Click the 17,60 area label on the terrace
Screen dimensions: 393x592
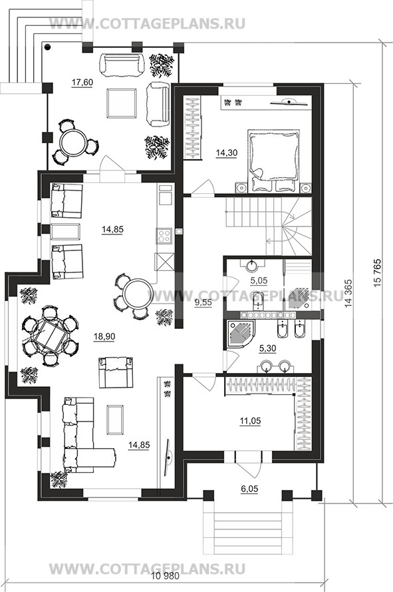point(82,83)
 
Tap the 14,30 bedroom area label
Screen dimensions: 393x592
point(227,152)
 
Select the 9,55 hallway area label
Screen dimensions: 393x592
point(203,302)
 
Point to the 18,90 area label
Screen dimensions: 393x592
point(104,336)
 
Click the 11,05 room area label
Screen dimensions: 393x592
point(251,421)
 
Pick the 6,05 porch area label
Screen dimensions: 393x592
point(249,489)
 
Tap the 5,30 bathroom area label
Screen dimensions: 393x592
point(267,348)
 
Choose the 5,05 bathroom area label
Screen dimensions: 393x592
point(259,280)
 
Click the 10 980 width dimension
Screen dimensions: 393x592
point(165,576)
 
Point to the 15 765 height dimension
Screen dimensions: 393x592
point(378,273)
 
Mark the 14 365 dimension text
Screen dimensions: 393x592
point(348,293)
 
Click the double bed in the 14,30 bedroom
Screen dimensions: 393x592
point(274,159)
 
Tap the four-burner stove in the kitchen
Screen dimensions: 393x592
point(164,236)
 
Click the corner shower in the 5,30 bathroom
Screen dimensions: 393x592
point(241,334)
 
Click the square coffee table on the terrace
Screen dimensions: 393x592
point(122,103)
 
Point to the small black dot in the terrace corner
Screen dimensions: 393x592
point(47,47)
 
